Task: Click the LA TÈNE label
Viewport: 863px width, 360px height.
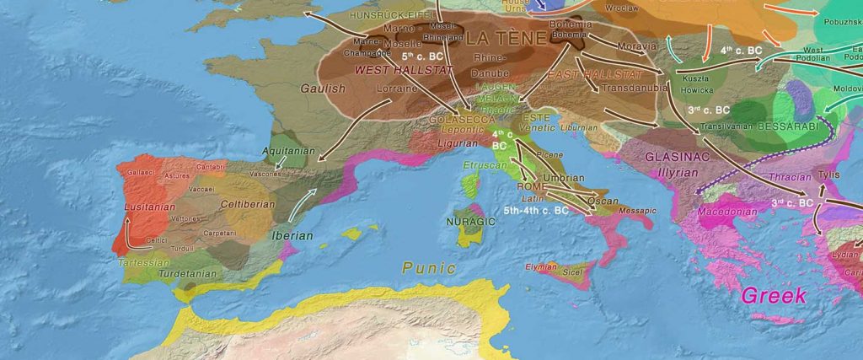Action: coord(506,39)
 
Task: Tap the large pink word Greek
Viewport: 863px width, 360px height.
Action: coord(773,295)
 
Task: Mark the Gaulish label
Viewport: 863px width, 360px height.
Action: coord(324,88)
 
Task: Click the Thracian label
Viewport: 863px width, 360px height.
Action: coord(789,177)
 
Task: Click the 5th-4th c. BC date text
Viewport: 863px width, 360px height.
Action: coord(536,209)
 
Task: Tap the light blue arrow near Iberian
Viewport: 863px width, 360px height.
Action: coord(308,201)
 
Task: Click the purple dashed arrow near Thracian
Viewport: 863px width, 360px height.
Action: coord(758,156)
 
